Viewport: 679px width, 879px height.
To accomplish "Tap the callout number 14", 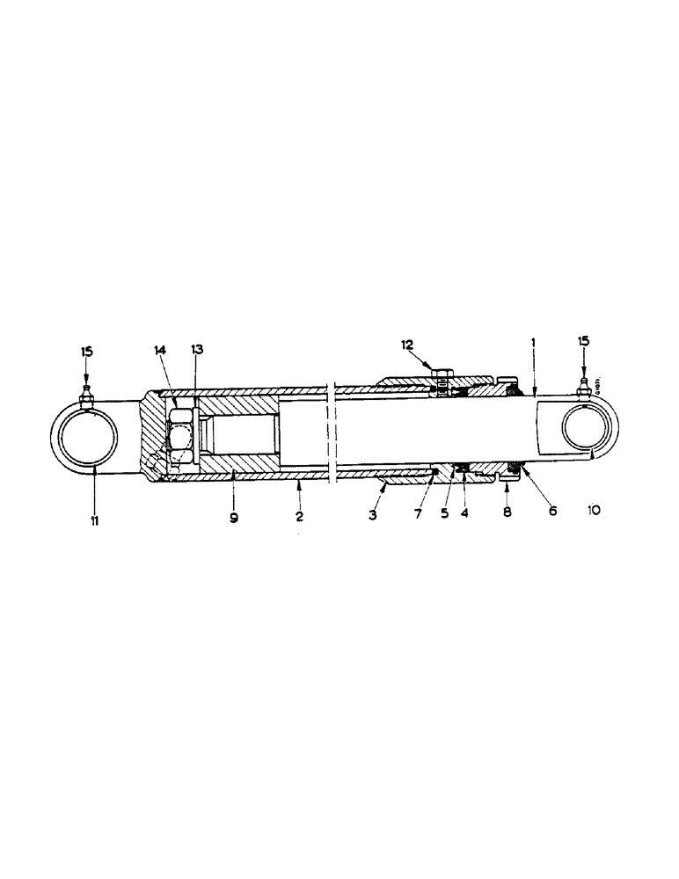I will (161, 350).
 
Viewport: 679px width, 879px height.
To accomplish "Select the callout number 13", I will (196, 350).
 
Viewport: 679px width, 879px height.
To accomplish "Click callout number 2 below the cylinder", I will (300, 518).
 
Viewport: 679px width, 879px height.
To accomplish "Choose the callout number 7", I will (417, 512).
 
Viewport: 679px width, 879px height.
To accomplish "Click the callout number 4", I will (464, 512).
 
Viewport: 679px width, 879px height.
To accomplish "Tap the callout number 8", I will (507, 510).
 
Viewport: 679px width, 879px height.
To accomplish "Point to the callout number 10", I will (594, 510).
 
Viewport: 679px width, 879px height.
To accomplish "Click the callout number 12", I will (406, 346).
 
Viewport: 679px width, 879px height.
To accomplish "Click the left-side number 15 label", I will (86, 352).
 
